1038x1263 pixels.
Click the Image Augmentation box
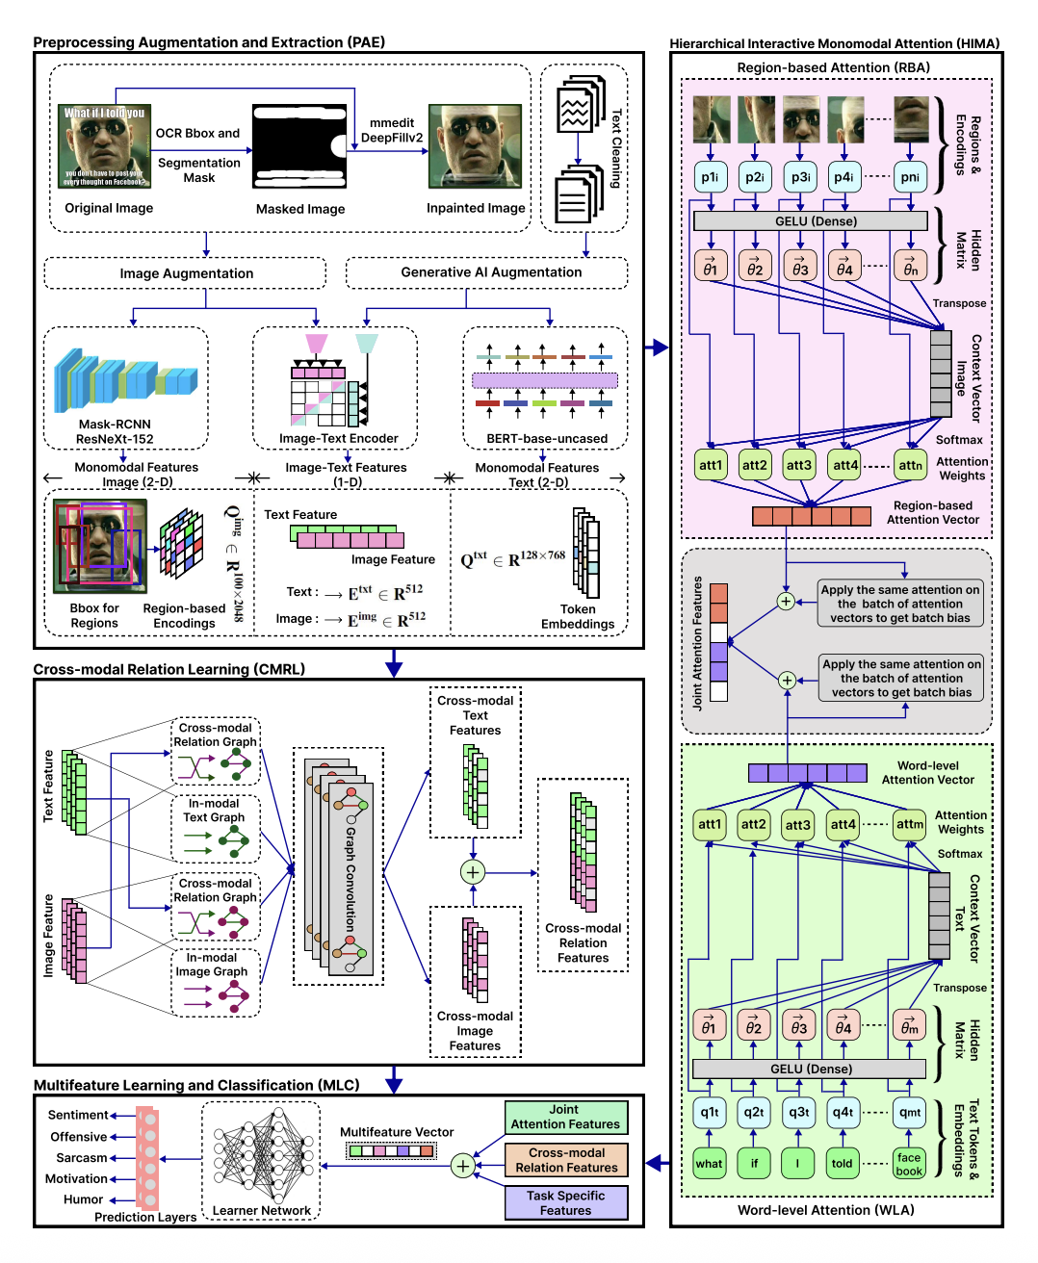pos(186,273)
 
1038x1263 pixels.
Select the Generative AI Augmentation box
pos(490,272)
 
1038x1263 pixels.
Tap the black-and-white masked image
pos(299,147)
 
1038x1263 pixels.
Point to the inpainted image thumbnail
pos(475,146)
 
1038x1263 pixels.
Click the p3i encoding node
pos(800,177)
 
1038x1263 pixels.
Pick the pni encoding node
pos(909,177)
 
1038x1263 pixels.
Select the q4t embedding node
pos(843,1112)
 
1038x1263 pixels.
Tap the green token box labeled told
pos(843,1163)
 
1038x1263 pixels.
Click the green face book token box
pos(909,1164)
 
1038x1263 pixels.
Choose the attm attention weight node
pos(909,824)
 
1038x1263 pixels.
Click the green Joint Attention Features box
pos(566,1117)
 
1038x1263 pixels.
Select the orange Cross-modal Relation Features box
pos(566,1160)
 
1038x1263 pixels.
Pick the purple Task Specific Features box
pos(566,1202)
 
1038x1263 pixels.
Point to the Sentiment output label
pos(78,1115)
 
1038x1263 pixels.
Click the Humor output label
pos(83,1199)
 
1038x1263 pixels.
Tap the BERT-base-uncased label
pos(547,438)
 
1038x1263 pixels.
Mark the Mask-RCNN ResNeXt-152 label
pos(115,431)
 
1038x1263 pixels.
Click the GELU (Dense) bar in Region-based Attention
pos(816,221)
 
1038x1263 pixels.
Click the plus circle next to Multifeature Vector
pos(463,1166)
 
